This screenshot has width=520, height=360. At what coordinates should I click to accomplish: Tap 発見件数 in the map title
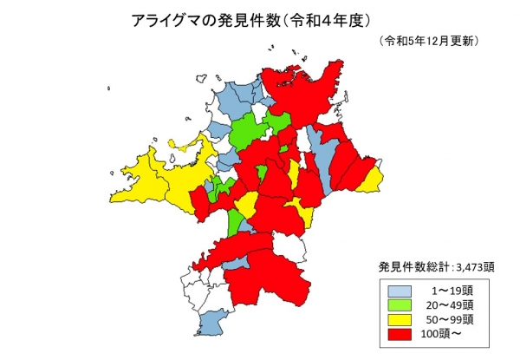point(238,19)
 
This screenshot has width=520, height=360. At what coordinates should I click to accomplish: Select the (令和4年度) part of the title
point(325,19)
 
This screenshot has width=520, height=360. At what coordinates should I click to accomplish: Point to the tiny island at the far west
point(109,87)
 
